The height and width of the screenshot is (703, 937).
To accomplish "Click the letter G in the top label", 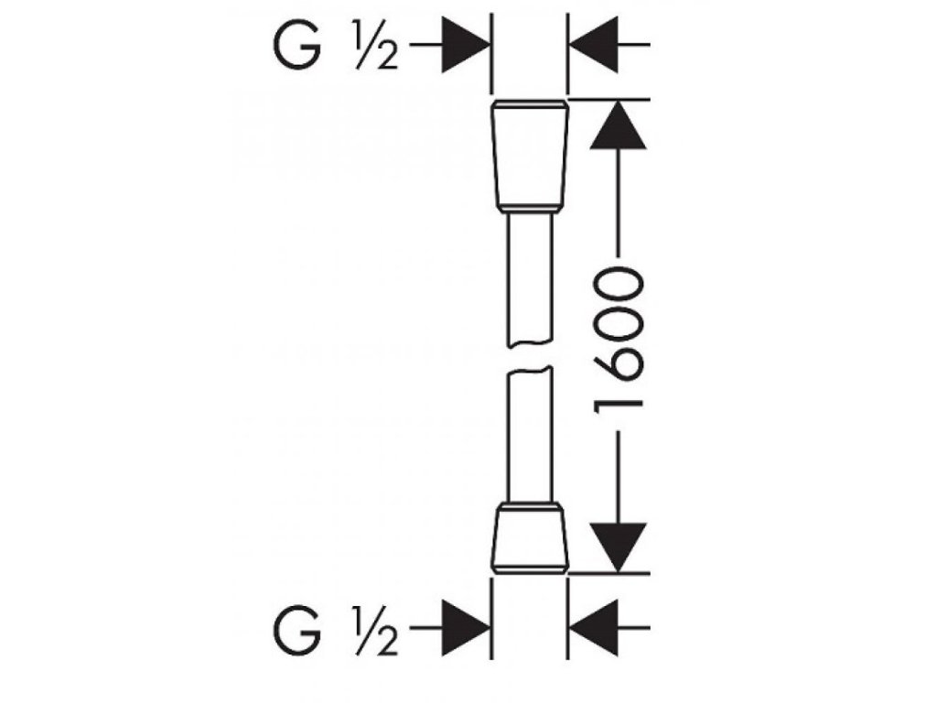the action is click(x=298, y=45).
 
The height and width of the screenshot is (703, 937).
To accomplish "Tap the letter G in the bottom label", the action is click(x=298, y=630).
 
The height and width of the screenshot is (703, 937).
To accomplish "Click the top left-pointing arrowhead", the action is click(x=597, y=44).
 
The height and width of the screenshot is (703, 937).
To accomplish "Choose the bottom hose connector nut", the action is click(x=530, y=541).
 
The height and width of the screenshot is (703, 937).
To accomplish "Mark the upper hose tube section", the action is click(x=530, y=279).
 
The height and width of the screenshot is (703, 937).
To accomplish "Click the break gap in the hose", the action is click(x=530, y=356).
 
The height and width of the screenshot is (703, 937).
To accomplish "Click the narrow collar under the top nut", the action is click(x=530, y=211).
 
